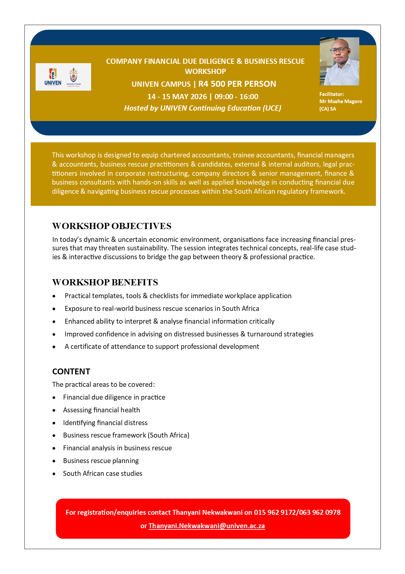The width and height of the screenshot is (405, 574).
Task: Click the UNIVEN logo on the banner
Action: (x=53, y=77)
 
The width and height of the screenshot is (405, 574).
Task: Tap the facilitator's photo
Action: (x=339, y=62)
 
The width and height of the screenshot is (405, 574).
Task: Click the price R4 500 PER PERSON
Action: (x=237, y=84)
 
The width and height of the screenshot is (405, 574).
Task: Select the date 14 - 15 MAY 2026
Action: (x=177, y=97)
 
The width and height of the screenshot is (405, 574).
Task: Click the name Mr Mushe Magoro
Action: (x=341, y=101)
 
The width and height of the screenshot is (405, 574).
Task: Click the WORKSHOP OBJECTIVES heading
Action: (x=112, y=226)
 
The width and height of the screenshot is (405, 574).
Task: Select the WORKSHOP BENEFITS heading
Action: (x=105, y=282)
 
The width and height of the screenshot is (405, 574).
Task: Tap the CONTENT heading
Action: (x=71, y=372)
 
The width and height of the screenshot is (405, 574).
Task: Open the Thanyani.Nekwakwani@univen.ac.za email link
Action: (x=206, y=526)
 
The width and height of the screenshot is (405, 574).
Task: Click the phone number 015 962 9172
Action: (x=274, y=512)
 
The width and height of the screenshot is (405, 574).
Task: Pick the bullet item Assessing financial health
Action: (x=101, y=410)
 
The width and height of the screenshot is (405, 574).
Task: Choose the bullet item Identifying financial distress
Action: (x=105, y=423)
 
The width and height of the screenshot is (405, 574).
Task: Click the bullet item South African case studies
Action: (x=103, y=474)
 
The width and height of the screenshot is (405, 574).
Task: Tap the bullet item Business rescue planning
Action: (x=101, y=461)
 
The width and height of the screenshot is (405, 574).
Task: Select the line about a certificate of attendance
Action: (x=162, y=347)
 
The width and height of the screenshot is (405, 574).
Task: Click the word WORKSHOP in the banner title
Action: (x=205, y=71)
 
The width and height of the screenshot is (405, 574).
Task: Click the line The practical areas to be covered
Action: (x=103, y=385)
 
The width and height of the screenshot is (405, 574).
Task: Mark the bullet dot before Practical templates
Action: (x=54, y=296)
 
